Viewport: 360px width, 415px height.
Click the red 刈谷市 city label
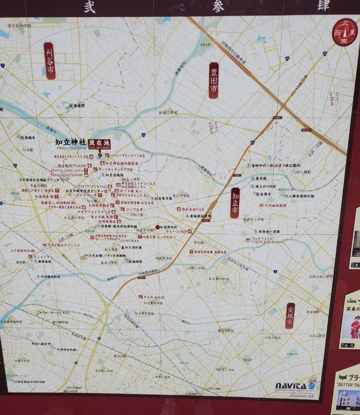point(50,61)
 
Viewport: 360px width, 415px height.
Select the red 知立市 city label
point(235,202)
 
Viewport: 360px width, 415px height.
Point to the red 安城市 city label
point(290,316)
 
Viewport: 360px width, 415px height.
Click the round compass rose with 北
point(344,32)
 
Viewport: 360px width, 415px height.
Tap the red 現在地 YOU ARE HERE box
point(100,144)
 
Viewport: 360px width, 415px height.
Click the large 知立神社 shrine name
point(71,142)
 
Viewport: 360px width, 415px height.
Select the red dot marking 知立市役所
point(158,227)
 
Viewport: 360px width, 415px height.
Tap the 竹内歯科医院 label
point(273,205)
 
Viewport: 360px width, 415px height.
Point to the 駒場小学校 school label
point(168,113)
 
